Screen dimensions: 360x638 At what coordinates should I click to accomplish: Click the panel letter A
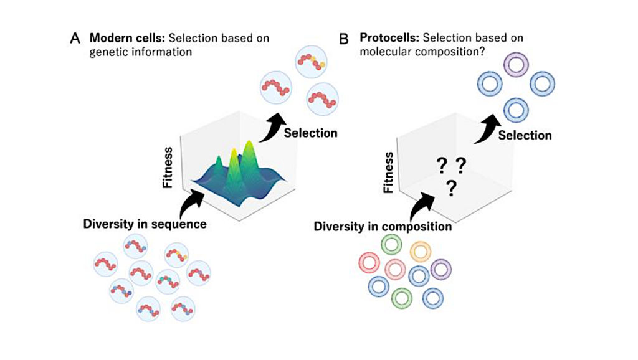pos(75,39)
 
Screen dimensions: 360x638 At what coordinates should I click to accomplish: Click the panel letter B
pos(343,39)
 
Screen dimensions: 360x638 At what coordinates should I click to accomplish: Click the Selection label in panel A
pos(310,133)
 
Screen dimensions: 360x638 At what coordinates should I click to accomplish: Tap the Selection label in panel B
pos(525,135)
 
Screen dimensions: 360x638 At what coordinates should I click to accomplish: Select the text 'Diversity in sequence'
pos(145,224)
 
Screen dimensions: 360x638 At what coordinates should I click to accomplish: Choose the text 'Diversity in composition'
pos(383,227)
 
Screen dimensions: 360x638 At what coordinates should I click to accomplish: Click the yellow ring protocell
pos(421,252)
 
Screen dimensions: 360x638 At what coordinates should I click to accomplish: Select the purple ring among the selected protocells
pos(515,64)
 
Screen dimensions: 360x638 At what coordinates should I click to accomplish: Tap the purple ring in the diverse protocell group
pos(440,270)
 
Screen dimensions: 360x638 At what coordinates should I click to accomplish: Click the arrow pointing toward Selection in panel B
pos(488,128)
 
